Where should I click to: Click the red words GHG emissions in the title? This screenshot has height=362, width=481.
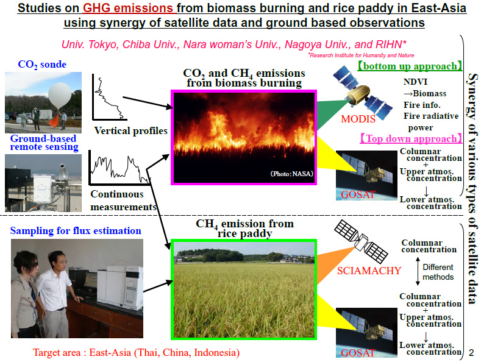pyautogui.click(x=128, y=8)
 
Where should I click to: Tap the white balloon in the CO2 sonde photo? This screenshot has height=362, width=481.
pyautogui.click(x=60, y=96)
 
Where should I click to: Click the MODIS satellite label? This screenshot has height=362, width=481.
pyautogui.click(x=358, y=119)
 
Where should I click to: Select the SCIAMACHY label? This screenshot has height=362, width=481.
pyautogui.click(x=369, y=271)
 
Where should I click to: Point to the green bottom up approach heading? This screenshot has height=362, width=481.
pyautogui.click(x=410, y=66)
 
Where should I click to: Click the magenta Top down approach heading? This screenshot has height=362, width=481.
pyautogui.click(x=411, y=139)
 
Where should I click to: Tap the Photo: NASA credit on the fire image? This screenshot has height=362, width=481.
pyautogui.click(x=292, y=174)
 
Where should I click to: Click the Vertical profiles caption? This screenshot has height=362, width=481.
pyautogui.click(x=130, y=131)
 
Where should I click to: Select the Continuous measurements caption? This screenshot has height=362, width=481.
pyautogui.click(x=124, y=201)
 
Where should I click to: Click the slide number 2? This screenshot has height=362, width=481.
pyautogui.click(x=471, y=353)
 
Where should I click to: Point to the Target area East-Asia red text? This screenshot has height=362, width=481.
pyautogui.click(x=136, y=352)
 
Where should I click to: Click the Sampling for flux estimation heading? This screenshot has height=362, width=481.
pyautogui.click(x=76, y=231)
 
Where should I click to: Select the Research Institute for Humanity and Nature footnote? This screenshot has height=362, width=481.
pyautogui.click(x=361, y=55)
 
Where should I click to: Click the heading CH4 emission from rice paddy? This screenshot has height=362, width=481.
pyautogui.click(x=245, y=229)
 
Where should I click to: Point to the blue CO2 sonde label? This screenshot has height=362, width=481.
pyautogui.click(x=42, y=65)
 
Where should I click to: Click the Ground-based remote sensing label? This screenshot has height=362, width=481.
pyautogui.click(x=43, y=143)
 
